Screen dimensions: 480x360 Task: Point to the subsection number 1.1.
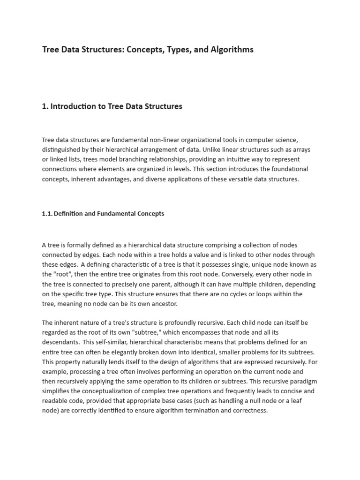pos(47,214)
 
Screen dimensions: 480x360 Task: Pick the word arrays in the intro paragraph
pos(300,150)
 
